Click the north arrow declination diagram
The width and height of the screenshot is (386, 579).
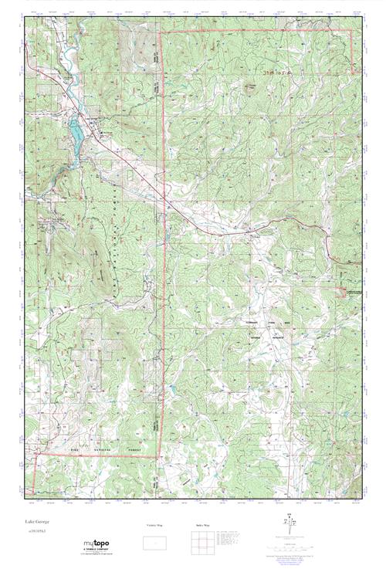[287, 526]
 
